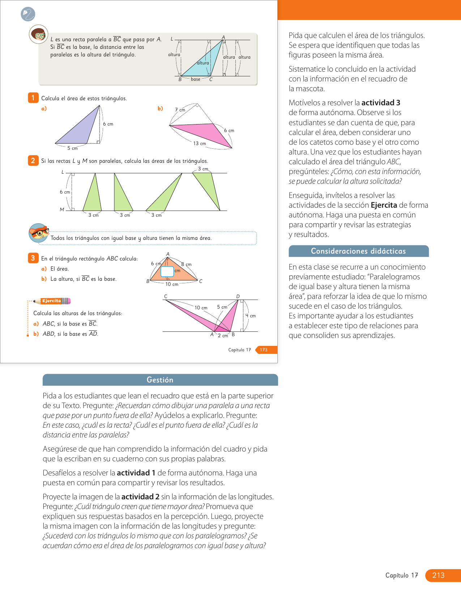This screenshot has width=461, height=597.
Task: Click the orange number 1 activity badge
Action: [33, 98]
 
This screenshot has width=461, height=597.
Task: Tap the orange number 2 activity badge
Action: [33, 160]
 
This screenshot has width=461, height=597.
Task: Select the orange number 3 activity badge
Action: [33, 258]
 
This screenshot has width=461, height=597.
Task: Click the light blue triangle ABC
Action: [204, 62]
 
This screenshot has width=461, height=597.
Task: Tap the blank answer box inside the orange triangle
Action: [167, 271]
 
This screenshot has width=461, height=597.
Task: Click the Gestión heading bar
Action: [160, 380]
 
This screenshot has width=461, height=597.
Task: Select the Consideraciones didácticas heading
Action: [358, 251]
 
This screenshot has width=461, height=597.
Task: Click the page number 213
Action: [438, 575]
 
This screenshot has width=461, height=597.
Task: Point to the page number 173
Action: [264, 350]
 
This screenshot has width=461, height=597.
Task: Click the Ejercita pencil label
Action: [52, 301]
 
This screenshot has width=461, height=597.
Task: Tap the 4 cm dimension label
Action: [251, 316]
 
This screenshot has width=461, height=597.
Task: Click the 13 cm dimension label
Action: [199, 144]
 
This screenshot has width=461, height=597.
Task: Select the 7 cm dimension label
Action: [180, 110]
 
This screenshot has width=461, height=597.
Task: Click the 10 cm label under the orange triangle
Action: [172, 284]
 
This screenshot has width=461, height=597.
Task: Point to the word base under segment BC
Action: [196, 79]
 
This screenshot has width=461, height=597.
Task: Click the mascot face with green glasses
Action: [38, 34]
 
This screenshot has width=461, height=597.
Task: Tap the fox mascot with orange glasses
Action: [38, 233]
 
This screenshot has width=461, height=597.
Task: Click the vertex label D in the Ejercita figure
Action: [238, 296]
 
